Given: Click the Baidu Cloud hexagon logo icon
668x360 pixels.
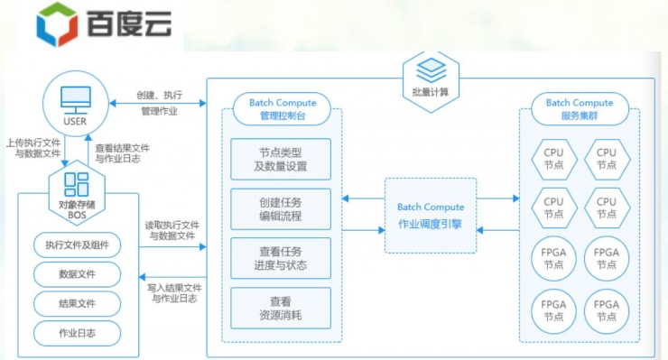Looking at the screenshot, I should pos(57,25).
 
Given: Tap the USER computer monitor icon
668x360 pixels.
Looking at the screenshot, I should pos(75,97).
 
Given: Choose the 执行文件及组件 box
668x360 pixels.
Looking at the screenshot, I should pos(77,245).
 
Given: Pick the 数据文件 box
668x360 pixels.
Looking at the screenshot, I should pos(77,273).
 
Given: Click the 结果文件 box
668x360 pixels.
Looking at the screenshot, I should pos(77,303).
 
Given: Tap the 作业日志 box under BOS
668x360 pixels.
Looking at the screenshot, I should pos(77,333).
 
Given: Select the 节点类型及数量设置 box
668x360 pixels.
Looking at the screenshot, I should pos(281,160).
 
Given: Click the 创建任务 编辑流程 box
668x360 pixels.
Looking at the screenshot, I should pos(281,209).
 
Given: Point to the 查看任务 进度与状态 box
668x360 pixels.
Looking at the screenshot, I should pos(281,258).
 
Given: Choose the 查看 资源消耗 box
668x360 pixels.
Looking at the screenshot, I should pos(281,308).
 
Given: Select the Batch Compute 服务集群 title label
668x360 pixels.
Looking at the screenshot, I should pos(579,109).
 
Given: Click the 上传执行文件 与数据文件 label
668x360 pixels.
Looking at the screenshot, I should pos(33,148).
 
